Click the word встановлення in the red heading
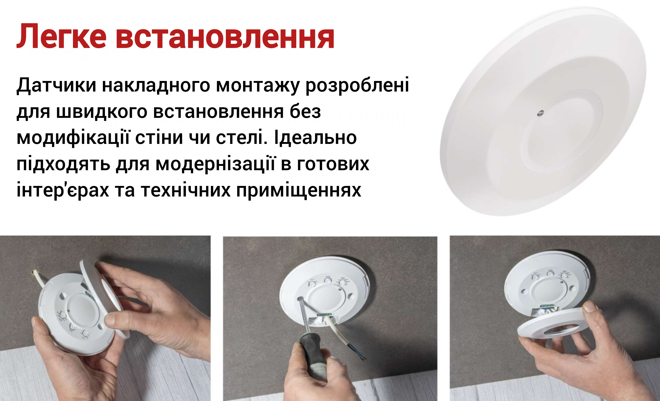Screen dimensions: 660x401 (225, 37)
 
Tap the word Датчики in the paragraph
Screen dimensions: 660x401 (56, 85)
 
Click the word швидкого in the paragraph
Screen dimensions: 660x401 (102, 112)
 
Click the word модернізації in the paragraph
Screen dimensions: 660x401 (215, 164)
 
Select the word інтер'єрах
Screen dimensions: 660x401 (63, 190)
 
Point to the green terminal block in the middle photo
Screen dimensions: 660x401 (325, 314)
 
